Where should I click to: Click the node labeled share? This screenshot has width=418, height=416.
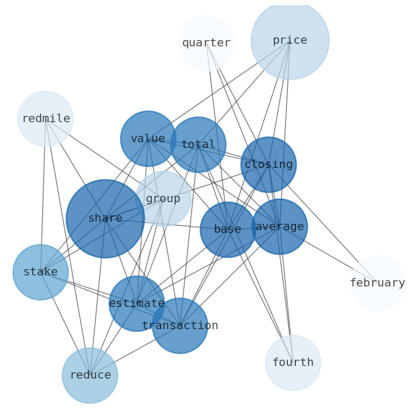click(105, 219)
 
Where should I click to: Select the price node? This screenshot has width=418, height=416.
click(290, 40)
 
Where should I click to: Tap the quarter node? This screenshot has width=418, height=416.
click(206, 43)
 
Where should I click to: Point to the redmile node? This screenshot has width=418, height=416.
click(46, 119)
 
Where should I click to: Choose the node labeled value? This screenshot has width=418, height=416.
click(148, 139)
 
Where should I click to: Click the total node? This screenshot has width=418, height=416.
click(198, 145)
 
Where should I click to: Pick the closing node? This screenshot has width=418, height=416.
click(268, 165)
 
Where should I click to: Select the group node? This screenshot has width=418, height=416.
click(163, 199)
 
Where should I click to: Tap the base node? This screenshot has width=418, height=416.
click(227, 230)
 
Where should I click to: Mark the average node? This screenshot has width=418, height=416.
click(280, 227)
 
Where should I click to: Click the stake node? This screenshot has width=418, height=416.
click(41, 272)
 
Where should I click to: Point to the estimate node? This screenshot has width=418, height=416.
click(137, 304)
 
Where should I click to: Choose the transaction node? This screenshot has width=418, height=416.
click(180, 326)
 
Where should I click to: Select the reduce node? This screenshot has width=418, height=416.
click(90, 375)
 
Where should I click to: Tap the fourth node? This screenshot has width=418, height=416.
click(293, 363)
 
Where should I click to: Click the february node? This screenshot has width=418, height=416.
click(377, 283)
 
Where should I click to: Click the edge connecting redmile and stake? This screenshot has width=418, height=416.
click(43, 195)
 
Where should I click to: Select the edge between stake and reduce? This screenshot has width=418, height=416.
click(65, 324)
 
